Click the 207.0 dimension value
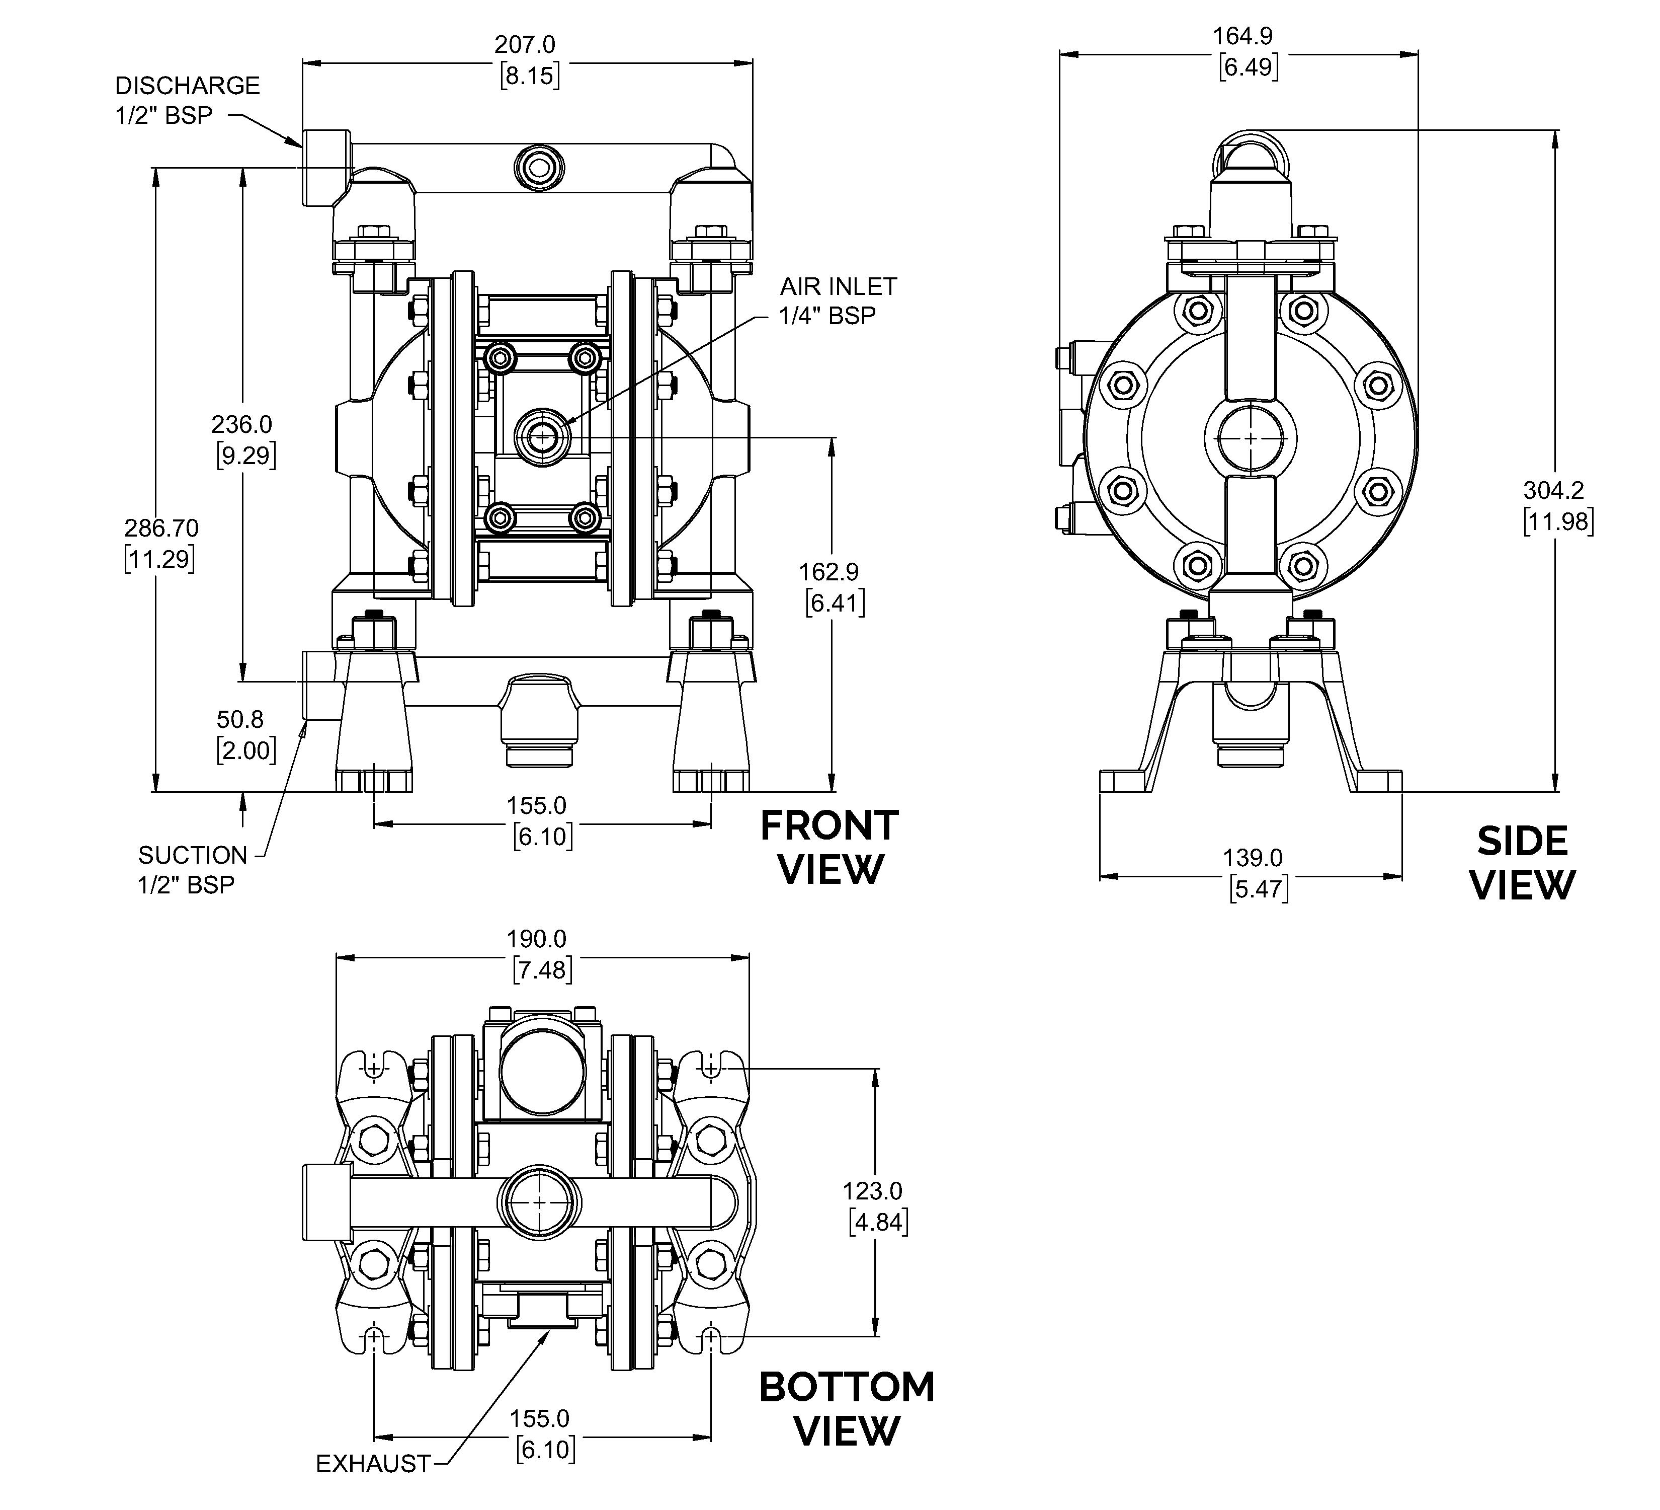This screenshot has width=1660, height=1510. (x=525, y=44)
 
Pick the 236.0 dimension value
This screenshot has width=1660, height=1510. (x=241, y=424)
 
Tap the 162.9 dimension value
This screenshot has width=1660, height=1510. (x=829, y=571)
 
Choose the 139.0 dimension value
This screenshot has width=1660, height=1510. (x=1253, y=858)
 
